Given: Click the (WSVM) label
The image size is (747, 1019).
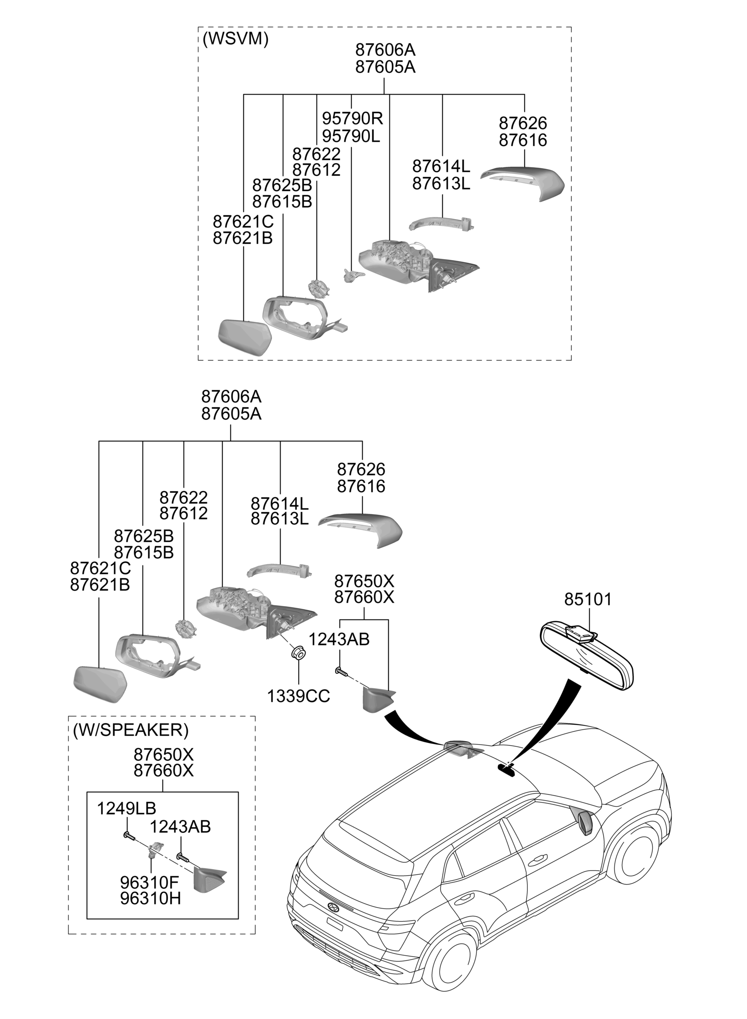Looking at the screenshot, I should click(x=235, y=39).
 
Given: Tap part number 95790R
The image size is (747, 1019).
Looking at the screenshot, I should click(x=352, y=119).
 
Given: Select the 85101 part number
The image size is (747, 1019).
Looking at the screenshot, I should click(x=588, y=600).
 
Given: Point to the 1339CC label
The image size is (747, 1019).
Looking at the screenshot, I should click(x=299, y=696).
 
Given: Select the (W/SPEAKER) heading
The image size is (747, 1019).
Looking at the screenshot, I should click(x=131, y=730).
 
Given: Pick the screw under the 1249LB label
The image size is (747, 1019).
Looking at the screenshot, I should click(x=129, y=835).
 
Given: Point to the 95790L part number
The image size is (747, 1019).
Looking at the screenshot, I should click(x=351, y=136).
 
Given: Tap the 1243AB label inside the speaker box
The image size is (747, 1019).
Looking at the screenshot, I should click(x=180, y=827).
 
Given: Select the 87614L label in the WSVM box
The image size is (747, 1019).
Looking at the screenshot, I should click(x=441, y=167).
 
